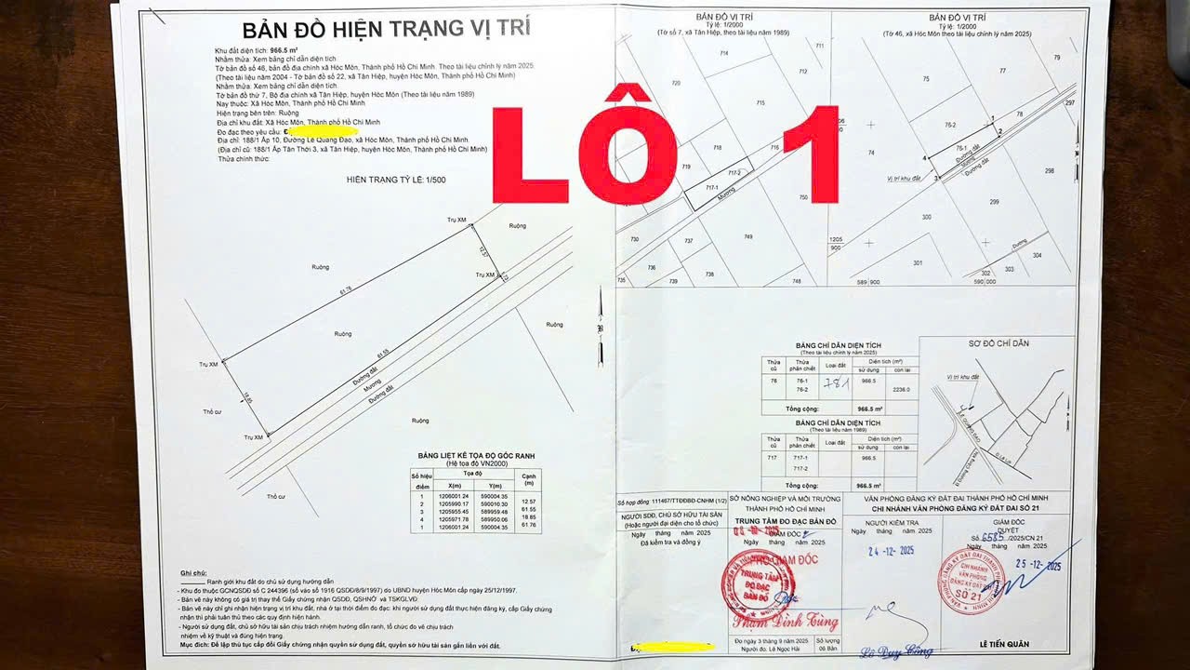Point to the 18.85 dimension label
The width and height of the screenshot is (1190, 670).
247,397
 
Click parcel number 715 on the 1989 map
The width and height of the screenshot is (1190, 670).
760,102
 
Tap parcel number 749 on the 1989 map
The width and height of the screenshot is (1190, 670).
747,237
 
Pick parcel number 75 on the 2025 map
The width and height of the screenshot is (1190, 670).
926,79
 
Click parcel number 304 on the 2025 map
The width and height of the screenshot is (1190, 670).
1037,255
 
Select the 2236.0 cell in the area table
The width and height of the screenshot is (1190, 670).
901,390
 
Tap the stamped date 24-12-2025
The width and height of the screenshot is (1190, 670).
890,551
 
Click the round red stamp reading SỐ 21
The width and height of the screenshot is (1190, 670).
971,579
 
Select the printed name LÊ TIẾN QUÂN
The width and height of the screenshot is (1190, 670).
1003,644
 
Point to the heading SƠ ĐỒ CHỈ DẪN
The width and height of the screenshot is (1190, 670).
998,343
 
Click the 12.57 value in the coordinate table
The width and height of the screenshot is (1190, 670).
529,502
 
